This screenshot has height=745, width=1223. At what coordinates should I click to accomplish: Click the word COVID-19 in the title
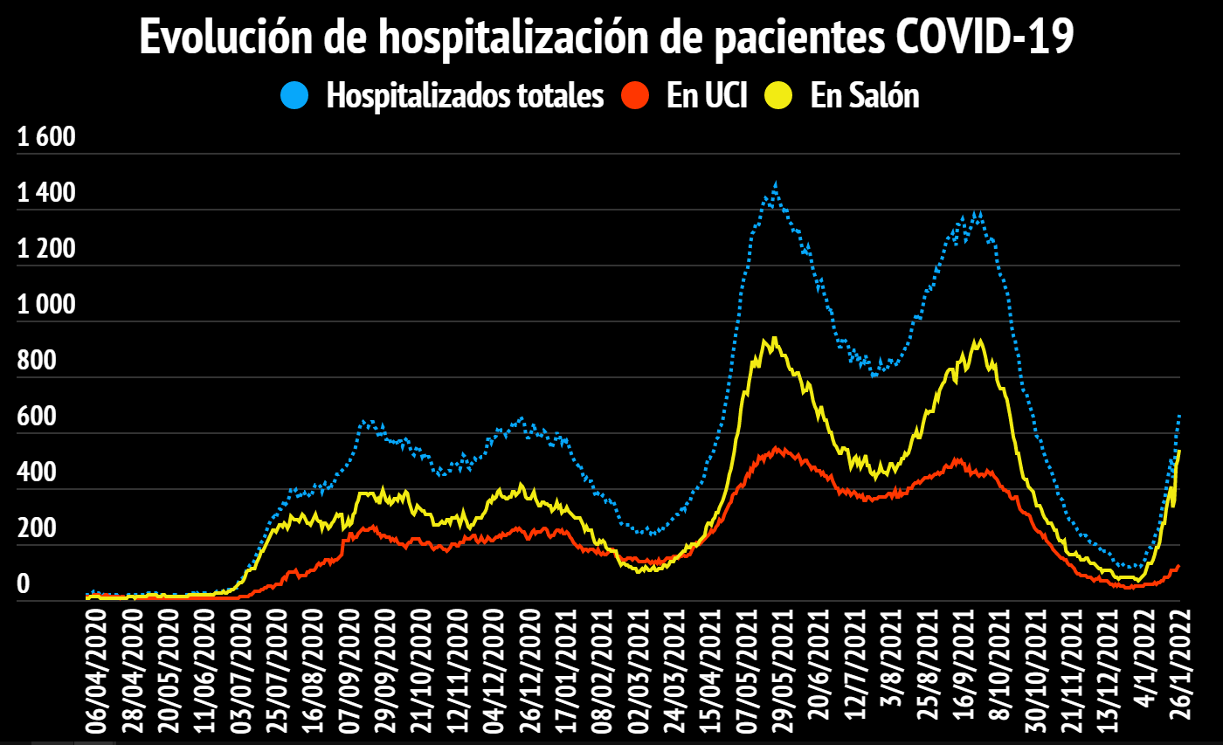point(986,38)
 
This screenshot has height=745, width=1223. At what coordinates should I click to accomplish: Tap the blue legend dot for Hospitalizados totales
point(295,95)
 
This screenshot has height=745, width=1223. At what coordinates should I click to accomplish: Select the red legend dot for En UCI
point(637,95)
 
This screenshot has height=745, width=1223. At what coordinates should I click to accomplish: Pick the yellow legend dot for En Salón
point(778,95)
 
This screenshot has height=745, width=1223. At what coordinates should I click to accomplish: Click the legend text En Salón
point(865,95)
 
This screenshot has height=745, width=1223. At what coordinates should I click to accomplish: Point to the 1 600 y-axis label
point(47,138)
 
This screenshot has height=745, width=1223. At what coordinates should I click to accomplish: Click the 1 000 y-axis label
point(47,306)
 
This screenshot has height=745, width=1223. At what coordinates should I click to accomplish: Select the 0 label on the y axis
point(24,585)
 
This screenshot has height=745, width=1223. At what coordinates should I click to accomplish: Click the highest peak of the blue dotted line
point(775,184)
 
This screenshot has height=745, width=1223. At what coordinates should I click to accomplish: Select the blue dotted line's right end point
point(1179,415)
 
